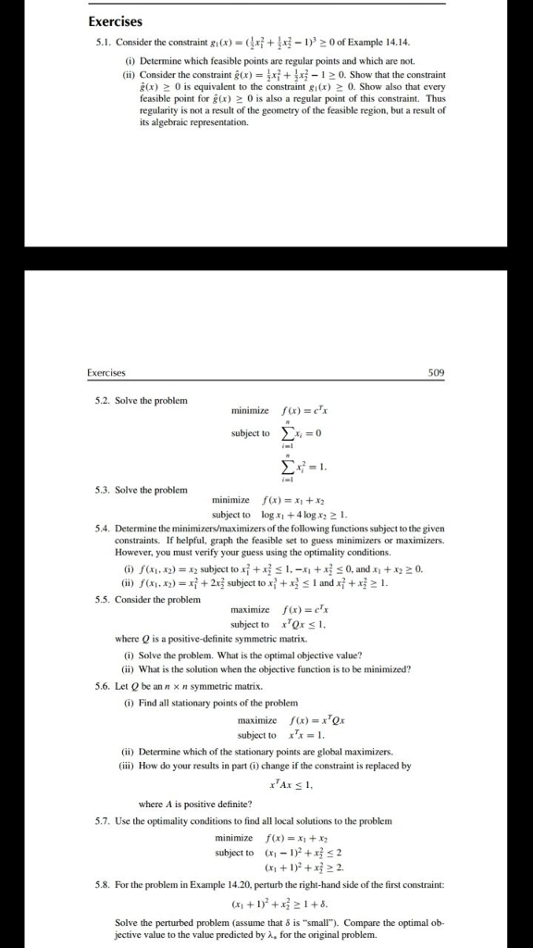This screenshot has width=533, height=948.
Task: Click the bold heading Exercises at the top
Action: [x=113, y=22]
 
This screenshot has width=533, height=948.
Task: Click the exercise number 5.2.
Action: [x=105, y=400]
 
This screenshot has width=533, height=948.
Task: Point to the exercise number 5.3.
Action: [x=105, y=489]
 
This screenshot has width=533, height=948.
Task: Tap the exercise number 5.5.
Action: [x=105, y=599]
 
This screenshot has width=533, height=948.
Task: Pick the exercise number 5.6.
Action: [x=105, y=686]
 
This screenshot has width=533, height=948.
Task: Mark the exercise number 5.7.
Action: [x=105, y=821]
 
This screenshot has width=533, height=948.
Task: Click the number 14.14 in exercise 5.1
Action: [x=383, y=43]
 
